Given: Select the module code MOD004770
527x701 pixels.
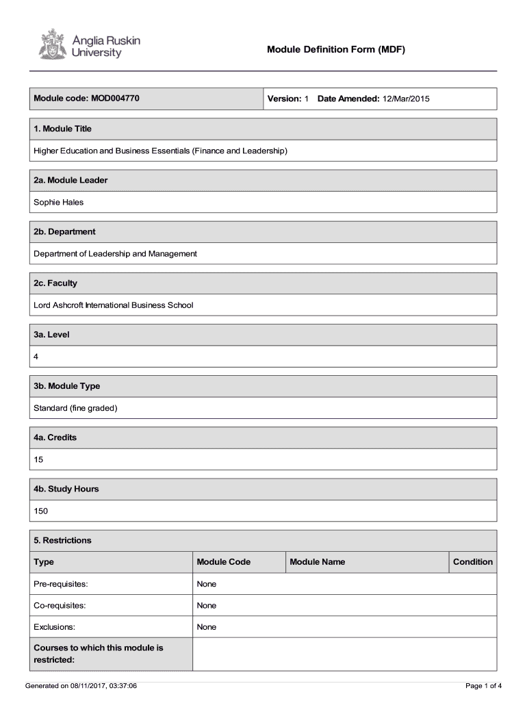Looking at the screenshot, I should (x=114, y=99).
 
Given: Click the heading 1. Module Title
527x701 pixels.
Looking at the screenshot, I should (x=62, y=129).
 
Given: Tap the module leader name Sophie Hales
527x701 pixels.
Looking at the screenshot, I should (x=59, y=202).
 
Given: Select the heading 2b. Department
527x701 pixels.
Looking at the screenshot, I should (x=64, y=231).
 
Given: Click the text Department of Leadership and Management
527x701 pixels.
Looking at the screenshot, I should (x=115, y=253).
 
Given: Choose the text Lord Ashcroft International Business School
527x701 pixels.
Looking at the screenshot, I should (x=114, y=305).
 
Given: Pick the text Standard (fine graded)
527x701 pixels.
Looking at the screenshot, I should (x=76, y=408).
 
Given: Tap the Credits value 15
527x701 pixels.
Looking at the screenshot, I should (x=38, y=459).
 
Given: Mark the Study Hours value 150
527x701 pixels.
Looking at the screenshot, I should (x=41, y=511).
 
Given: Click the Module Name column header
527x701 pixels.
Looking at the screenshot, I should (x=317, y=562).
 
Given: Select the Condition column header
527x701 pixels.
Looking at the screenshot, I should (x=472, y=562).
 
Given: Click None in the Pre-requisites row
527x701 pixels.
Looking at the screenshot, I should (x=206, y=584).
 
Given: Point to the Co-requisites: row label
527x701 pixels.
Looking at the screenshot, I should (x=59, y=605).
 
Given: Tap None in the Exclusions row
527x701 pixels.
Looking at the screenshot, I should (x=206, y=626).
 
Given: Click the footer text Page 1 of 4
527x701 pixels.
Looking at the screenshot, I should (x=483, y=685).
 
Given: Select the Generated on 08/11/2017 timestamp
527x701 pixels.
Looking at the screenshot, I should (x=81, y=685).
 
